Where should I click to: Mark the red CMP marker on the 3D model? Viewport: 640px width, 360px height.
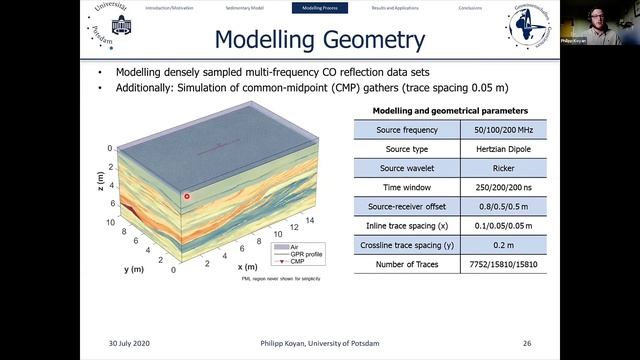point(187,197)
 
